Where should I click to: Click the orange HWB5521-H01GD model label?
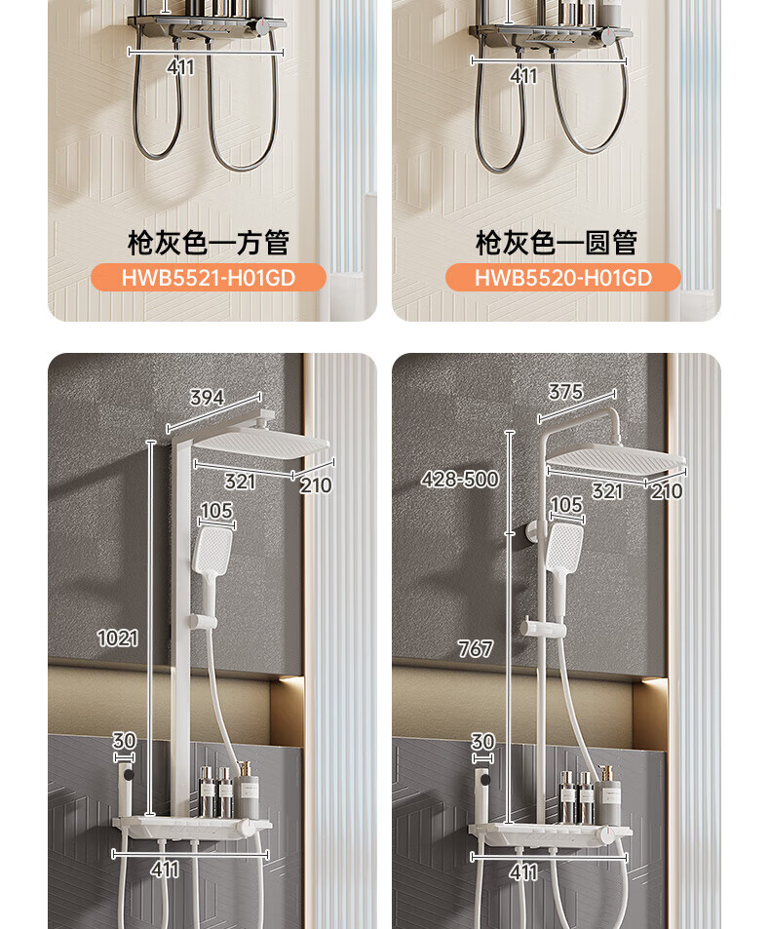208,277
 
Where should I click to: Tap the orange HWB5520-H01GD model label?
562,277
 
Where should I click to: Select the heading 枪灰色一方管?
209,243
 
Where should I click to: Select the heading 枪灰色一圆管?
557,243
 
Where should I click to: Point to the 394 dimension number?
208,397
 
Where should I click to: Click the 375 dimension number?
565,392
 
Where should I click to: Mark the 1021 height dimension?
117,639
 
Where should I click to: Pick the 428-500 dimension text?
460,479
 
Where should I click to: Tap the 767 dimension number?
475,649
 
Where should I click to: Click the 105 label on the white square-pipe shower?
216,510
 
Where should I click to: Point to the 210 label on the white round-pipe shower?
667,490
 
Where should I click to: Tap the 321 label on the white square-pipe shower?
240,482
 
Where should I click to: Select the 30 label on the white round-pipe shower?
482,741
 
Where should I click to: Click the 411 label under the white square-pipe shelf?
165,870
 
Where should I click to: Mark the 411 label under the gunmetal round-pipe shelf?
523,76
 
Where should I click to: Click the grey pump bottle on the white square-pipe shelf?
247,791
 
